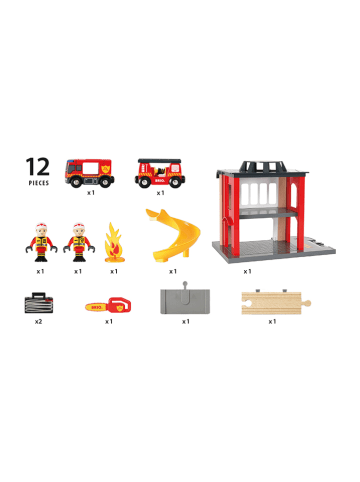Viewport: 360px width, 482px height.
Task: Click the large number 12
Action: pos(39,166)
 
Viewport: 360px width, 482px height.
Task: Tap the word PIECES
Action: pos(38,185)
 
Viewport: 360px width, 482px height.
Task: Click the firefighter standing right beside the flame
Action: pos(78,240)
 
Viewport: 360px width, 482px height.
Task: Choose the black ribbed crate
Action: pos(39,300)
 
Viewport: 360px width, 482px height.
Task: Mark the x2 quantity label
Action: pos(39,322)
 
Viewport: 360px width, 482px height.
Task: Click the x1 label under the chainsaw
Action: pos(108,322)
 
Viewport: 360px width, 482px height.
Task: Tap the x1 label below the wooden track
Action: pos(272,322)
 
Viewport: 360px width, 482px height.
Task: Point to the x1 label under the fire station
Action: pos(247,271)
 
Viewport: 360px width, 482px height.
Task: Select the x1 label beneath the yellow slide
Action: pos(172,271)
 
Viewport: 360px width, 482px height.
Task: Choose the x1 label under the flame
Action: pos(114,271)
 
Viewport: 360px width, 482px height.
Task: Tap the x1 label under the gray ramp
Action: pos(186,322)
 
